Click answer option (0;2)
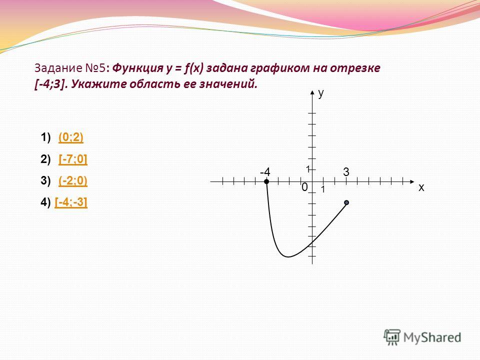pos(70,137)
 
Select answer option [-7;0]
pos(73,159)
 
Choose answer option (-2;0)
pos(73,180)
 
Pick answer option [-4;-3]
pos(71,202)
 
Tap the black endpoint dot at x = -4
pos(266,182)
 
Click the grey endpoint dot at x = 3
pos(346,202)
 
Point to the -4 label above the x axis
pos(265,172)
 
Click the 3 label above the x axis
pos(346,172)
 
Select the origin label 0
pos(304,187)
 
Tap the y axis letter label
pos(321,93)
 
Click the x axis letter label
pos(421,187)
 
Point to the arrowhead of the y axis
pos(312,92)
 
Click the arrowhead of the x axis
pos(412,182)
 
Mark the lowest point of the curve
pos(288,257)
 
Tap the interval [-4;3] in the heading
pos(51,84)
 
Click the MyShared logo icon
pos(392,337)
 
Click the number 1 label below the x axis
pos(322,190)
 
